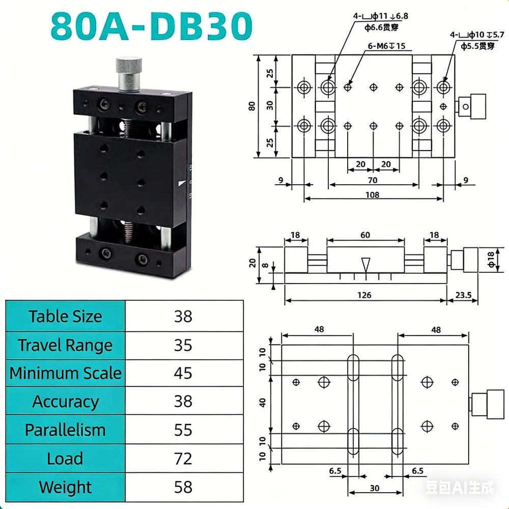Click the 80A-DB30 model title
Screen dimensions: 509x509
click(x=152, y=26)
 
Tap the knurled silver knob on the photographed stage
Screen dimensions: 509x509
click(x=129, y=74)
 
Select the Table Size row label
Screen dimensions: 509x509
click(x=65, y=317)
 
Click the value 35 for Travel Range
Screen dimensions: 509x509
click(x=183, y=346)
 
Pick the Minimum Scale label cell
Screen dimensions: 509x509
click(x=65, y=373)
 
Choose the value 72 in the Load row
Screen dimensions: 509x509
click(x=183, y=459)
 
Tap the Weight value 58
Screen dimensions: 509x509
click(x=183, y=487)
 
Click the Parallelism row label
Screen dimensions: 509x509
click(x=65, y=430)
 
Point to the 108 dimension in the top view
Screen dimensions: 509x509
click(x=373, y=195)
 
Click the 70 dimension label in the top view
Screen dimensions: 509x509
click(x=373, y=180)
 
